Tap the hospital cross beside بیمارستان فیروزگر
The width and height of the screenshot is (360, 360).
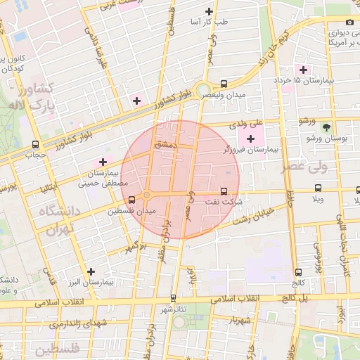251,138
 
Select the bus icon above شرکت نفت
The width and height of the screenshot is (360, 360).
224,191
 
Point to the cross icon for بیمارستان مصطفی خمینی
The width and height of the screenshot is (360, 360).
103,162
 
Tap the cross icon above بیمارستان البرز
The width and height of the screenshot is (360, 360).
91,271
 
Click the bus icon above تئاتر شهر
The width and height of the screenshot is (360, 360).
174,298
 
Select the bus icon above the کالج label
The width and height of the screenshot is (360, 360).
299,272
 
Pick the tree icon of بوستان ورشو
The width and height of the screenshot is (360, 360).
326,127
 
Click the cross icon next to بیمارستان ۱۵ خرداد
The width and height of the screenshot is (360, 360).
304,69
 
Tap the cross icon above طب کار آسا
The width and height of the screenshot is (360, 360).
209,11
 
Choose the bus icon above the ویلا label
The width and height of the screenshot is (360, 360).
319,188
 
